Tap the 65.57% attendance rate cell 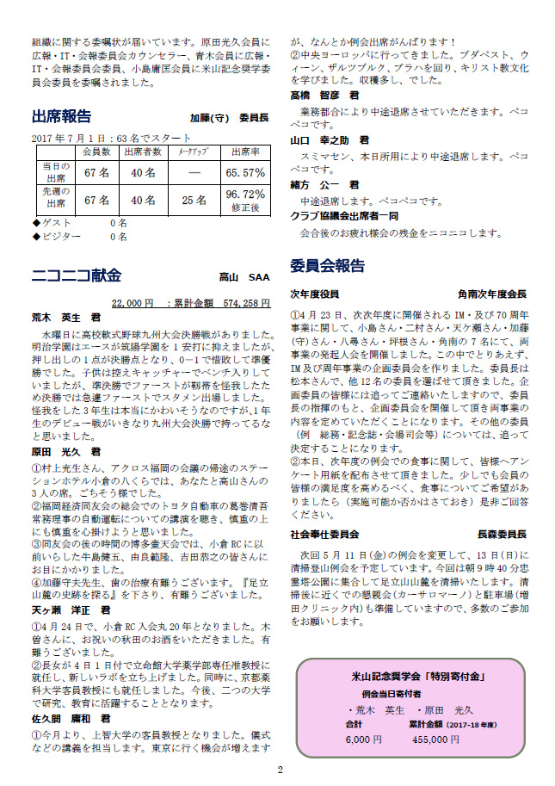coord(245,172)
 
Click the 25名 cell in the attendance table coord(194,200)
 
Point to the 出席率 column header coord(244,152)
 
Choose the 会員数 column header coord(96,152)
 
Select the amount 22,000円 coord(133,303)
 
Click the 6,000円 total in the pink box coord(363,739)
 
